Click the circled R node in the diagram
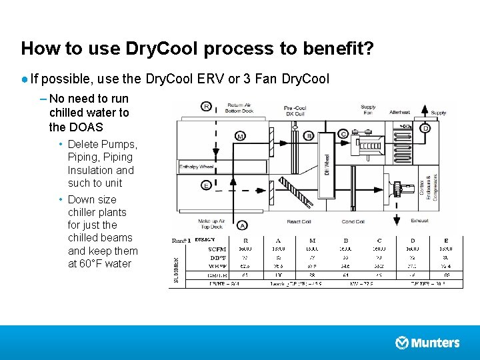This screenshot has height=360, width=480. (207, 106)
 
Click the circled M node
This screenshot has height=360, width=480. (240, 136)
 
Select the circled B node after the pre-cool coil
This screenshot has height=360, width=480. (309, 136)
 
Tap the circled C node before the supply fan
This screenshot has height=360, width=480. (343, 134)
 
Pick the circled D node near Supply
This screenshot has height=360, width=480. (425, 127)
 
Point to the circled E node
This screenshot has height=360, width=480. (207, 185)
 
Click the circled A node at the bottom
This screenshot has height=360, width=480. (243, 225)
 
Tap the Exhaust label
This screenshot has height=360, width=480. (419, 221)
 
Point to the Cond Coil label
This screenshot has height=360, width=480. (353, 221)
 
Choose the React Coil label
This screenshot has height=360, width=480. (299, 221)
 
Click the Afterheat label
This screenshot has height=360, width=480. (399, 112)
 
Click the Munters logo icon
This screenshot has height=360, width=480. (402, 343)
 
